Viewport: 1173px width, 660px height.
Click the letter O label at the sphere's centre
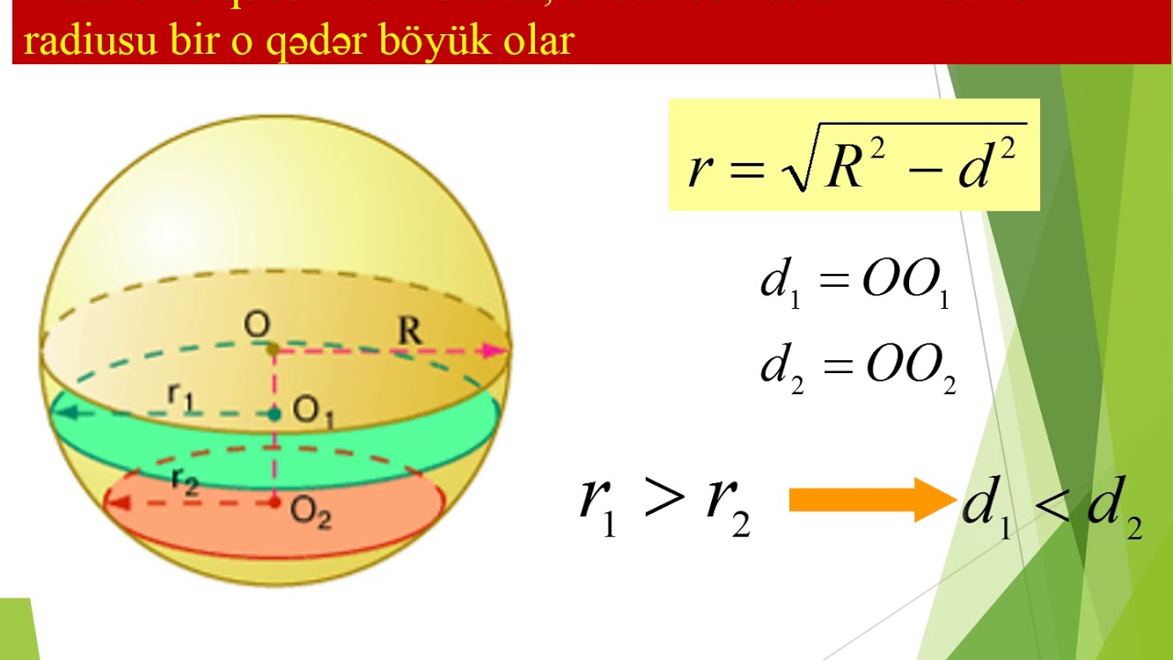click(257, 324)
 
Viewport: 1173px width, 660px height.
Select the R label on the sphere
click(410, 331)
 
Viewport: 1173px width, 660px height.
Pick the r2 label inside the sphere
click(184, 481)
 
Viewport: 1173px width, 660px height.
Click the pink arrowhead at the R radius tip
click(499, 349)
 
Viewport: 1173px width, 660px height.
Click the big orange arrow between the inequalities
click(871, 500)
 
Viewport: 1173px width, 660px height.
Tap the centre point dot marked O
click(273, 349)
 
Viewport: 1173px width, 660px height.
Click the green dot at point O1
click(274, 414)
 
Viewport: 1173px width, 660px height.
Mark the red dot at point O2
click(274, 502)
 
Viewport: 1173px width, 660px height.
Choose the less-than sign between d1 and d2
click(1053, 503)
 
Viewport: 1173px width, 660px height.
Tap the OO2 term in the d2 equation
click(908, 368)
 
